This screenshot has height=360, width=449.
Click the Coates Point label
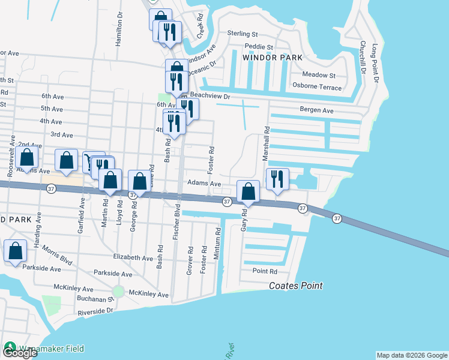coord(295,286)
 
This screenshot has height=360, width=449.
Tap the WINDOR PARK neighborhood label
coord(272,58)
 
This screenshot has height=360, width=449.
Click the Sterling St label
coord(242,35)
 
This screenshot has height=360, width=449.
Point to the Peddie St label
coord(258,47)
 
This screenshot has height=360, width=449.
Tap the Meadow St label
coord(319,75)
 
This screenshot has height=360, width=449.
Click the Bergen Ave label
coord(316,110)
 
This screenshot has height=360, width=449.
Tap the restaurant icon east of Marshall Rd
coord(277,179)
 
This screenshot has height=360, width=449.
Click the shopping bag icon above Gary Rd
coord(249,191)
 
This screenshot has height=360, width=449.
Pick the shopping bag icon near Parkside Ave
coord(15,251)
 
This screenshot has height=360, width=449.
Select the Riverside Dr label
coord(95,311)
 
